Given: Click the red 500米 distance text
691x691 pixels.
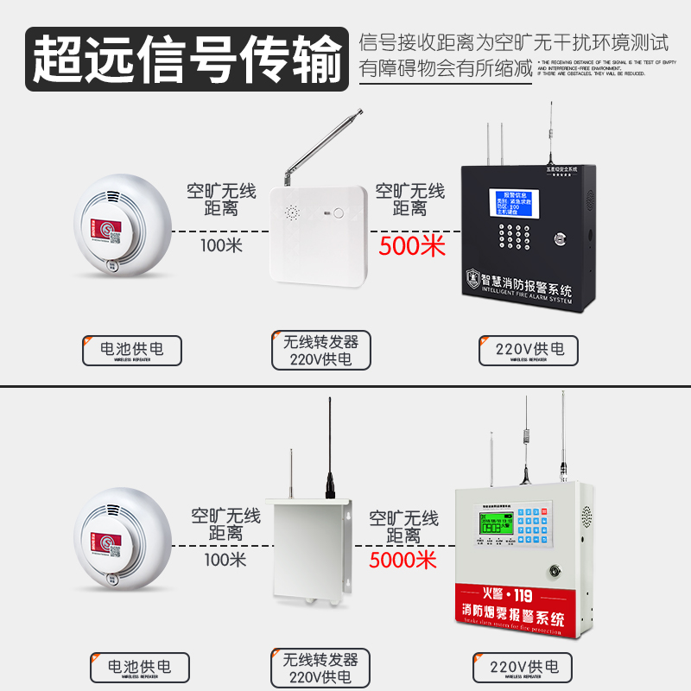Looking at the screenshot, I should (x=412, y=246).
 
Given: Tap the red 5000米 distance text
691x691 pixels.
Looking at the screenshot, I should (x=403, y=560).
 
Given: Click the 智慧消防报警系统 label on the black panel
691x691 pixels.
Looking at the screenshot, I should (x=529, y=278).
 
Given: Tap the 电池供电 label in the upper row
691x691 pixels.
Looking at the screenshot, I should (x=132, y=349).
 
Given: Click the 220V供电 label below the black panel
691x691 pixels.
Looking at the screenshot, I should (x=529, y=349).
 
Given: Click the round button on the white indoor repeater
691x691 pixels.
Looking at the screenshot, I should (x=339, y=212).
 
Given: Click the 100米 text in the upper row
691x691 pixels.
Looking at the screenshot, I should (x=222, y=244).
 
